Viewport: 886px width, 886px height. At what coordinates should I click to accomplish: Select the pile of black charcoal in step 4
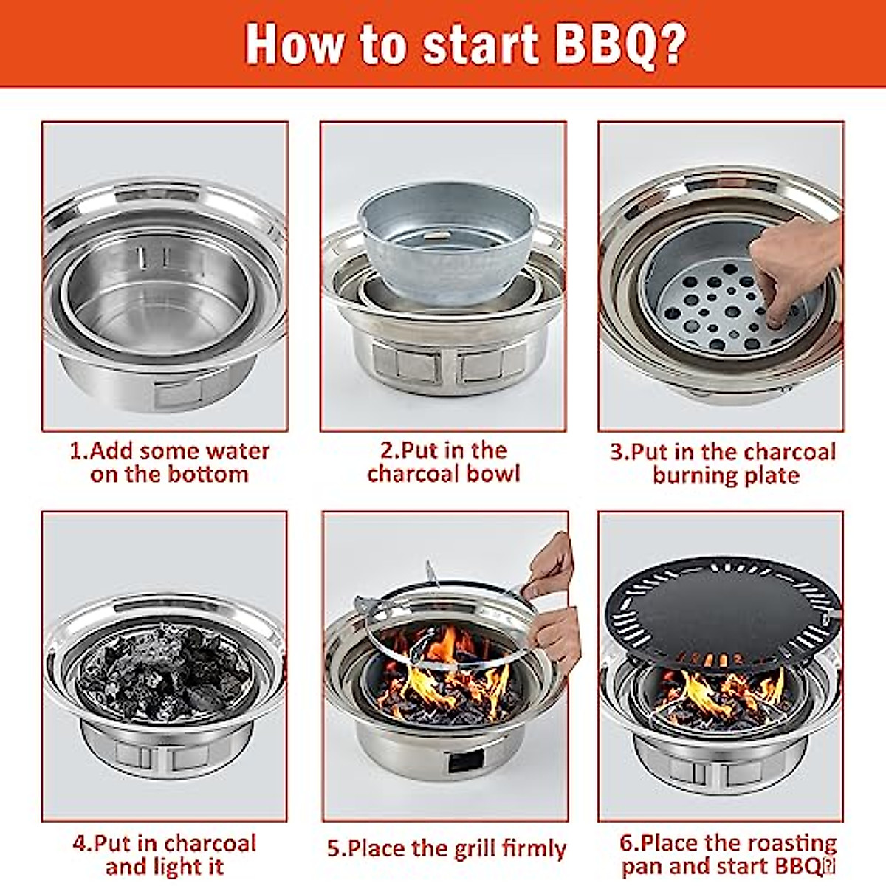point(164,672)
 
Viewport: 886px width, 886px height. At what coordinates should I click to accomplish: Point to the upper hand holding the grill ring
point(550,565)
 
